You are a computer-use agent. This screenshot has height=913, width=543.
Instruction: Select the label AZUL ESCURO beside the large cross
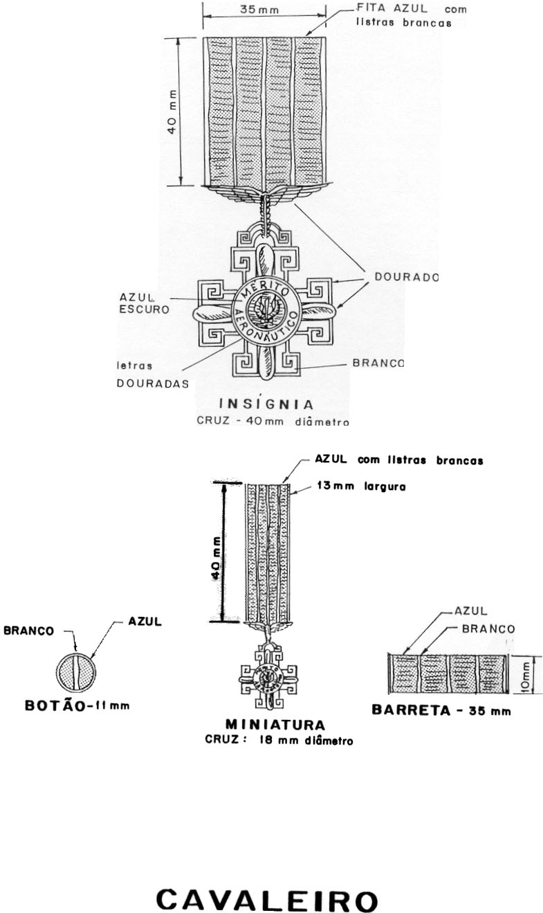(x=144, y=303)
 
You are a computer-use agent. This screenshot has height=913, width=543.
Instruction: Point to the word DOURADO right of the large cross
(x=407, y=276)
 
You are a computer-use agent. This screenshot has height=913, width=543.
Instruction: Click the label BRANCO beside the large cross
(x=378, y=363)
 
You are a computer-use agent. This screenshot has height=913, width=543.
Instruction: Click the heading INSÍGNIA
(x=266, y=404)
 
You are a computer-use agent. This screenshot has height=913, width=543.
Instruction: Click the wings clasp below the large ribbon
(x=263, y=195)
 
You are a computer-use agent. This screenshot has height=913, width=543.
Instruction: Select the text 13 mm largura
(x=360, y=487)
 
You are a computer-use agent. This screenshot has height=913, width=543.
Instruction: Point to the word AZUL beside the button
(x=145, y=622)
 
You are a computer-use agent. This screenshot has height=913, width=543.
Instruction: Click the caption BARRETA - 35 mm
(x=441, y=710)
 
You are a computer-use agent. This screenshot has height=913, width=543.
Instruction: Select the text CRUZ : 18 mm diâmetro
(x=279, y=739)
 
